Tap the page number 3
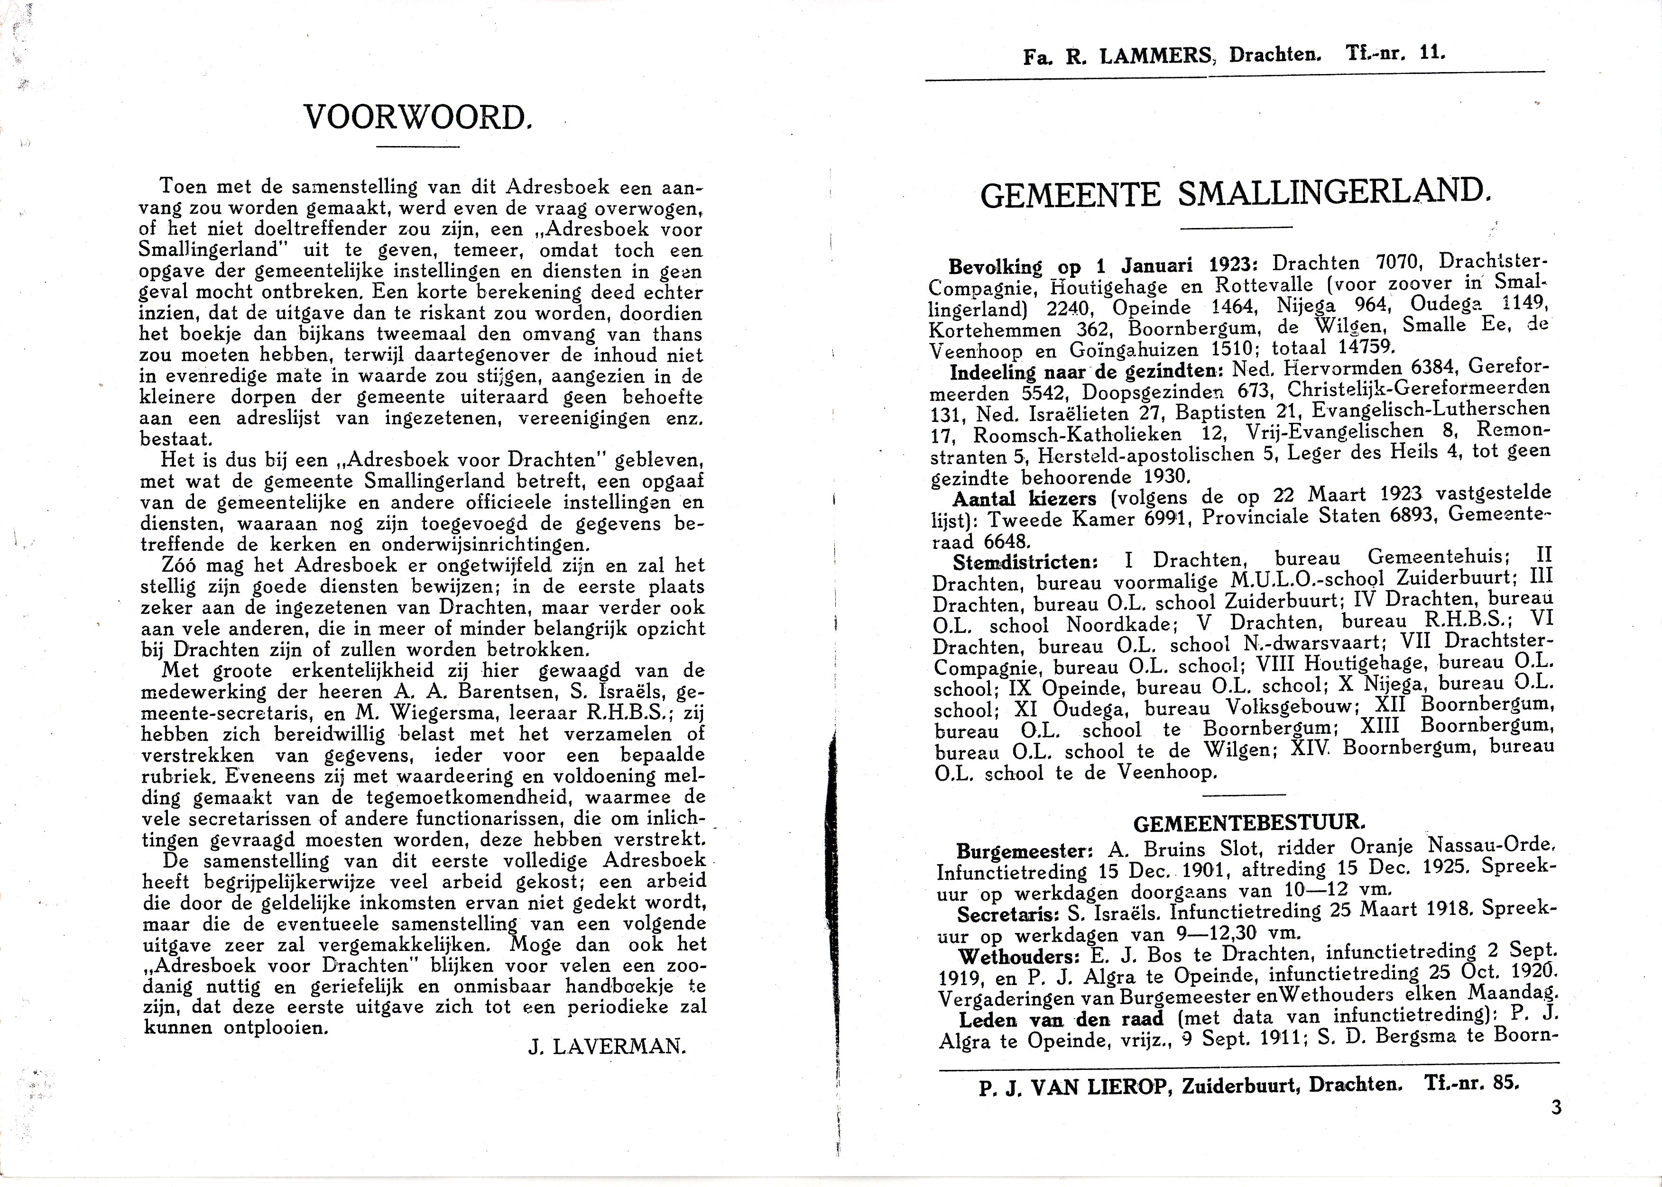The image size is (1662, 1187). click(1555, 1107)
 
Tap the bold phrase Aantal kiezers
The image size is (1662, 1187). click(1025, 499)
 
